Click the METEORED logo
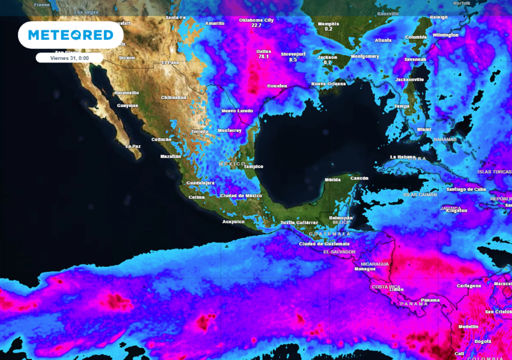[x=70, y=35]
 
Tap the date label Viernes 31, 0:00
[x=69, y=58]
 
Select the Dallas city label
[x=263, y=51]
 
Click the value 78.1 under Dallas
[x=263, y=57]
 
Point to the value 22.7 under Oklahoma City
[x=257, y=25]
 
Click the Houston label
[x=277, y=86]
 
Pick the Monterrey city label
[x=229, y=130]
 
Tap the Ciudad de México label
[x=241, y=195]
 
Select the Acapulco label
[x=233, y=221]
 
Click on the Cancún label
[x=359, y=178]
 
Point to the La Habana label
[x=402, y=157]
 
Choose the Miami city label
[x=424, y=129]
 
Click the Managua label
[x=364, y=268]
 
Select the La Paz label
[x=133, y=146]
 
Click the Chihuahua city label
[x=173, y=97]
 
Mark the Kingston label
[x=456, y=210]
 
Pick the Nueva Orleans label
[x=328, y=83]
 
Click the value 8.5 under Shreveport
[x=293, y=60]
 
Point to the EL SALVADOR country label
[x=339, y=251]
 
